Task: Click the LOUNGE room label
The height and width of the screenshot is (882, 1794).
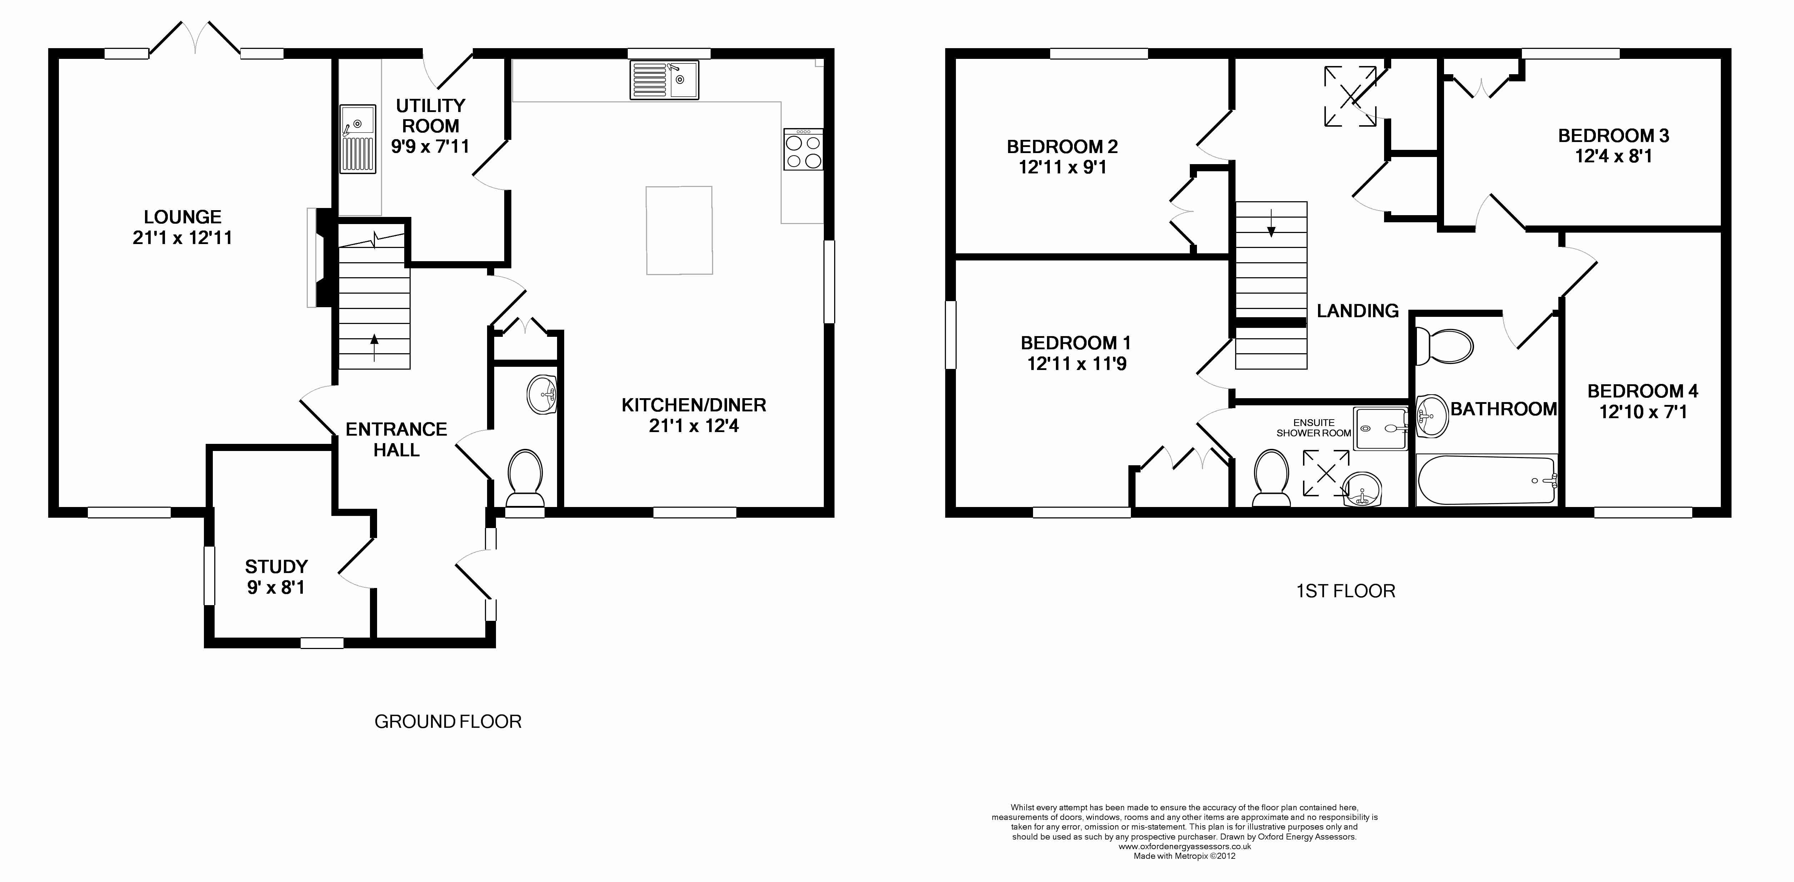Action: [x=182, y=217]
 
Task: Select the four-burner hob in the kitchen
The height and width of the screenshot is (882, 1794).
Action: [x=803, y=149]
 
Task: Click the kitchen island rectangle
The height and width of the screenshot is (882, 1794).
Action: [x=679, y=230]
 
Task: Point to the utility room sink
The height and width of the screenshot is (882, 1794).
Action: [x=358, y=138]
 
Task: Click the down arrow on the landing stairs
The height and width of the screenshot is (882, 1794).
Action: [x=1271, y=223]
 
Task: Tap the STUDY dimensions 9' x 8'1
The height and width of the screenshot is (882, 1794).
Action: [x=276, y=588]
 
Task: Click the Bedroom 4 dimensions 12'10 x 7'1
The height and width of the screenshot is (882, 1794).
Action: [x=1643, y=412]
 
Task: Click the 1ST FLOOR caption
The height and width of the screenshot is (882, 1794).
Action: [x=1345, y=591]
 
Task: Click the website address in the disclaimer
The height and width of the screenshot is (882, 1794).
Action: [x=1184, y=846]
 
